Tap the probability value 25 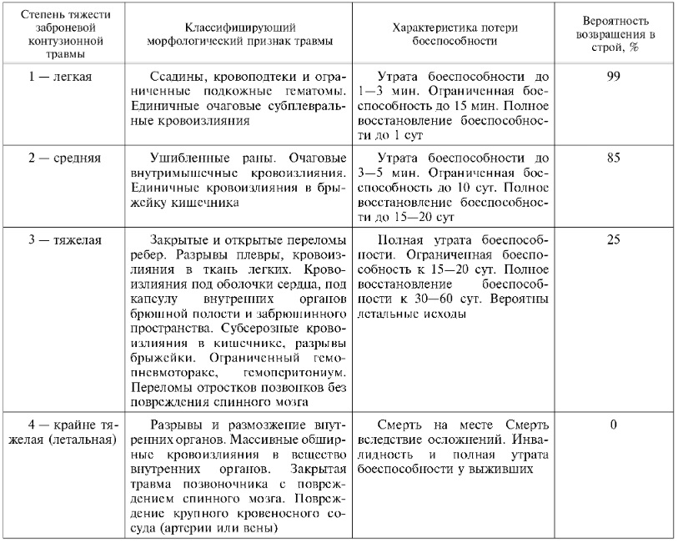[614, 239]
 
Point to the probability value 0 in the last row [614, 425]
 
